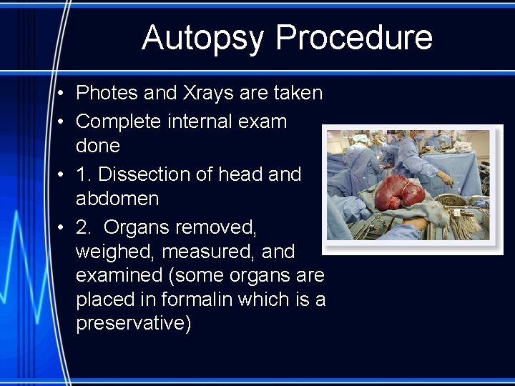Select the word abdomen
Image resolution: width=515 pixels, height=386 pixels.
click(117, 198)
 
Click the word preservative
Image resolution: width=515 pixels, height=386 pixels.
click(133, 323)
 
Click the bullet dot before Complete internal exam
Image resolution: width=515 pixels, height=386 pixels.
click(63, 122)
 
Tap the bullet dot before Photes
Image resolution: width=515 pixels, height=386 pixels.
click(63, 94)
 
